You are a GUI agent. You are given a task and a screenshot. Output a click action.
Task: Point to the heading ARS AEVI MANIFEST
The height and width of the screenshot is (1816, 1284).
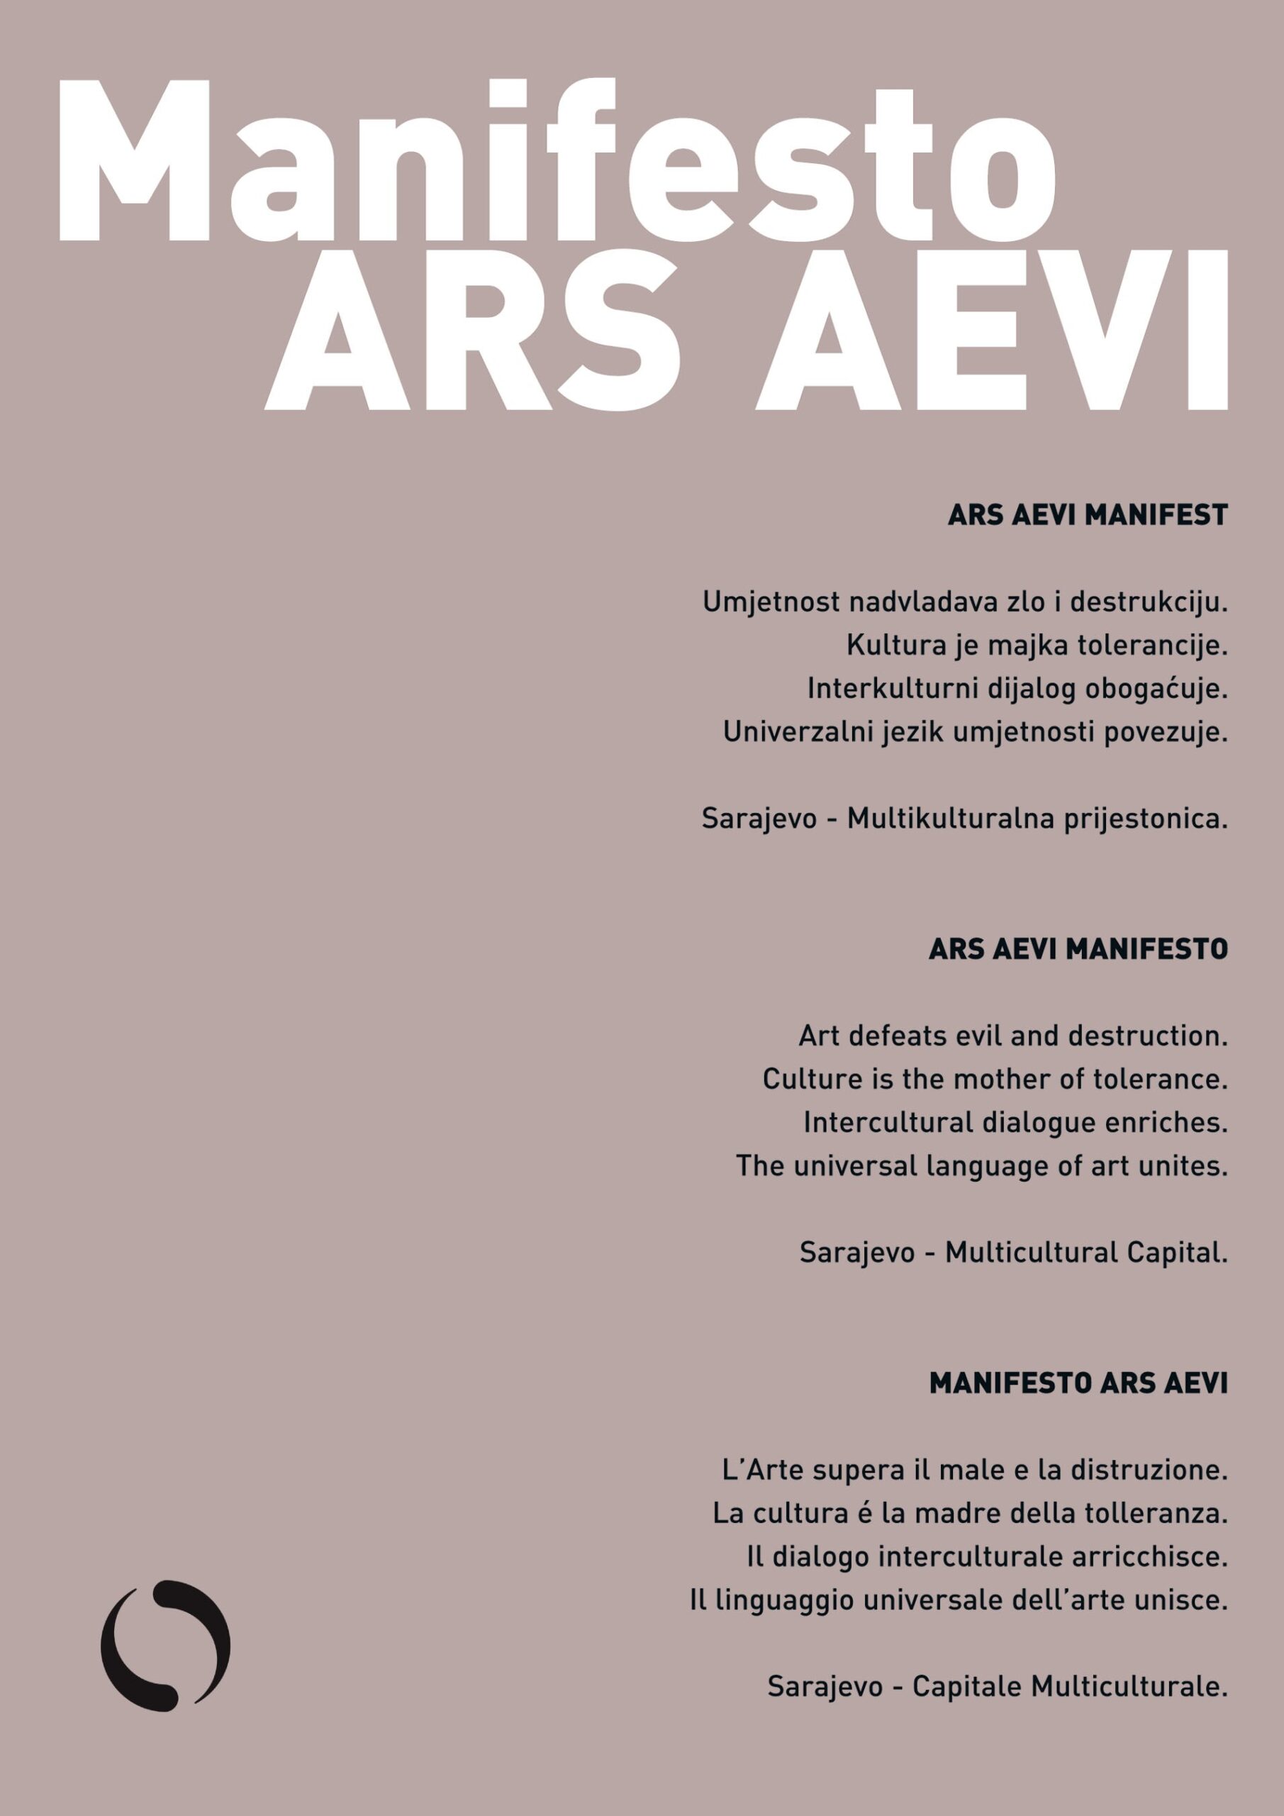pyautogui.click(x=1087, y=515)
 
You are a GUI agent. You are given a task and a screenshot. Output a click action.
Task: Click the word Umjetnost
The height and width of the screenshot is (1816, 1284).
pyautogui.click(x=771, y=603)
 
